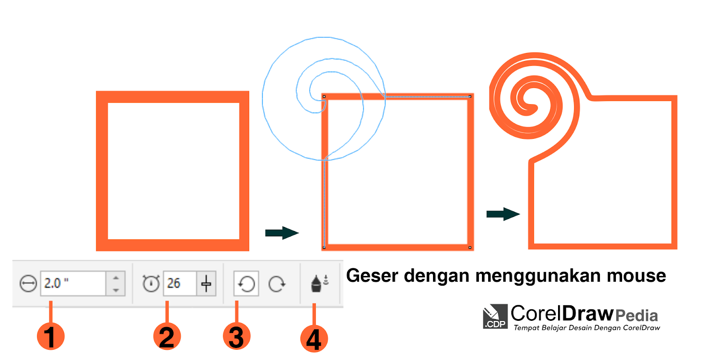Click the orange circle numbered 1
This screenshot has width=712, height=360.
tap(51, 336)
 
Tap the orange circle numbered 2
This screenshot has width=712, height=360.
tap(167, 336)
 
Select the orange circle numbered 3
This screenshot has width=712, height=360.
tap(236, 336)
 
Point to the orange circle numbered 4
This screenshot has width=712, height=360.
tap(314, 339)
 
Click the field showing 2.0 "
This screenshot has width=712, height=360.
tap(73, 283)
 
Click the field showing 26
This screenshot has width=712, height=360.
tap(179, 283)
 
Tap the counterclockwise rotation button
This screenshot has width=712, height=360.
tap(246, 283)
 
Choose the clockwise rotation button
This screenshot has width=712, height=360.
tap(277, 283)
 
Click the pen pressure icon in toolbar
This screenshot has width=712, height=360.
tap(319, 283)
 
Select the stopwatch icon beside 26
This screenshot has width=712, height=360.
tap(151, 283)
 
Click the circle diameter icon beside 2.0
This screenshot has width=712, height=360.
tap(28, 283)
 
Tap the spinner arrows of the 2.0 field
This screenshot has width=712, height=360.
tap(116, 283)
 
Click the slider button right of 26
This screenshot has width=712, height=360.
tap(206, 283)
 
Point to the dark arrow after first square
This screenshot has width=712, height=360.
tap(282, 233)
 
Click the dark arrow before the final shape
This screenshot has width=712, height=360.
tap(503, 214)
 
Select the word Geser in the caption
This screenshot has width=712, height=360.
tap(372, 276)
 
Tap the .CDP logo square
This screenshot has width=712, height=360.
tap(495, 317)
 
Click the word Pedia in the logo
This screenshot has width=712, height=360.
tap(636, 316)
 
